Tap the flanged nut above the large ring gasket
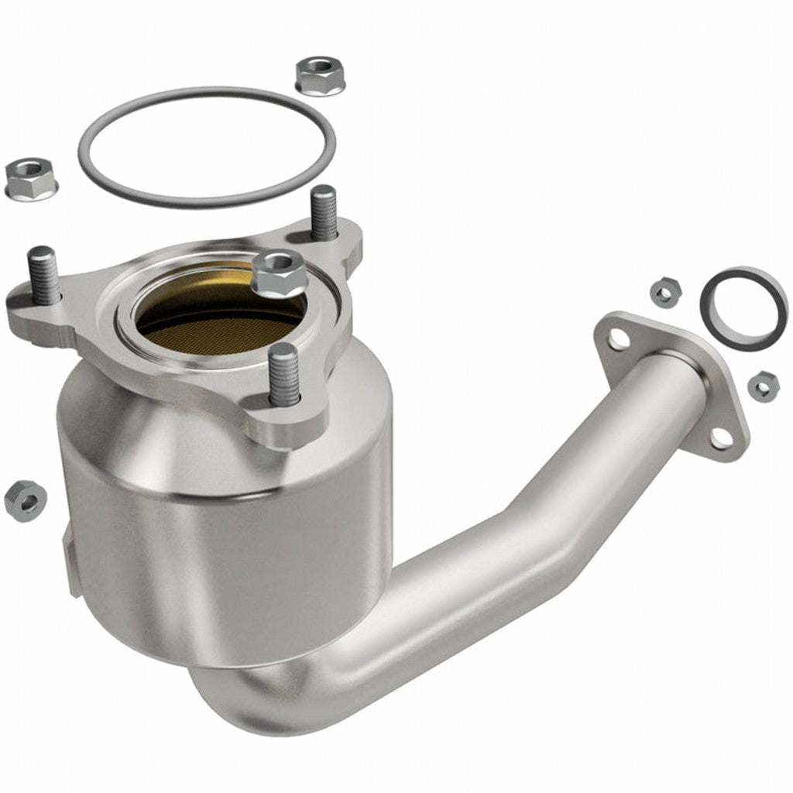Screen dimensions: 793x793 319,75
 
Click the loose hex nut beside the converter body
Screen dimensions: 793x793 24,499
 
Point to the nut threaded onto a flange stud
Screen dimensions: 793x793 279,273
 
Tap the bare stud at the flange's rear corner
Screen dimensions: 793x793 324,212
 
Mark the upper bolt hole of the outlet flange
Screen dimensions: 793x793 617,338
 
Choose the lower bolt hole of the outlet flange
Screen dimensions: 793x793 721,438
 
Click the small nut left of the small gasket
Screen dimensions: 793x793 664,293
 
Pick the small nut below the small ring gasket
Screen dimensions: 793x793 764,384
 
